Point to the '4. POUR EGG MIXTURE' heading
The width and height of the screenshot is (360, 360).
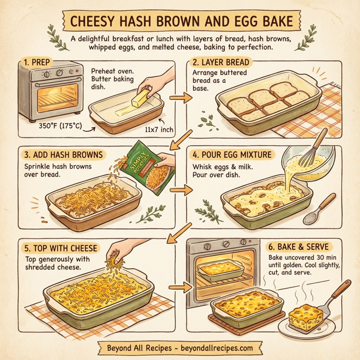tap(233, 154)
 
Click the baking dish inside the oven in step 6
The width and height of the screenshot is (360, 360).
tap(223, 274)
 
